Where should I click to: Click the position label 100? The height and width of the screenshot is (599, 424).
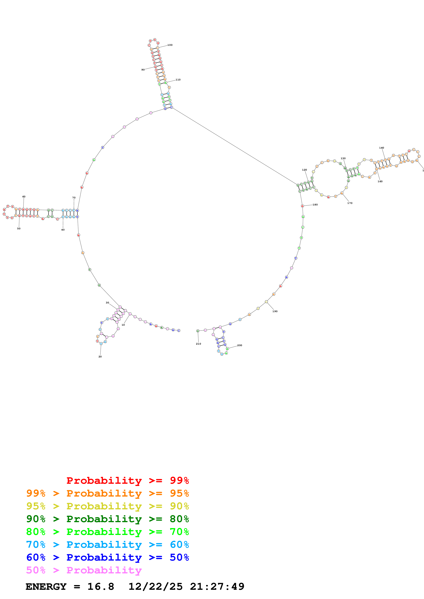[x=170, y=45]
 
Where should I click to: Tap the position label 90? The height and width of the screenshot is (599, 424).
[x=143, y=70]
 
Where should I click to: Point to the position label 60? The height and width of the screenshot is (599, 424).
[x=24, y=197]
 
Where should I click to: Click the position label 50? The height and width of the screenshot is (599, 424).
[x=19, y=228]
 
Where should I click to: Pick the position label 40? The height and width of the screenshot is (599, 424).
[x=63, y=230]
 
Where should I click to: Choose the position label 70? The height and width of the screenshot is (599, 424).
[x=74, y=198]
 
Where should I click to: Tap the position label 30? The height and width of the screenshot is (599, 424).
[x=107, y=303]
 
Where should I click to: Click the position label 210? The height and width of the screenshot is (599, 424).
[x=199, y=344]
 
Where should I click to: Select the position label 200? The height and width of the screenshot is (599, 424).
[x=240, y=345]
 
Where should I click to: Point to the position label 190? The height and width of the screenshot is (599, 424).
[x=275, y=311]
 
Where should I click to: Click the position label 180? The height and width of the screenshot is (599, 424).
[x=315, y=205]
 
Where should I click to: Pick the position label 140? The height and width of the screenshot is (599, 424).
[x=382, y=148]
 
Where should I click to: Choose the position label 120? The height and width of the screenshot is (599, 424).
[x=305, y=170]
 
